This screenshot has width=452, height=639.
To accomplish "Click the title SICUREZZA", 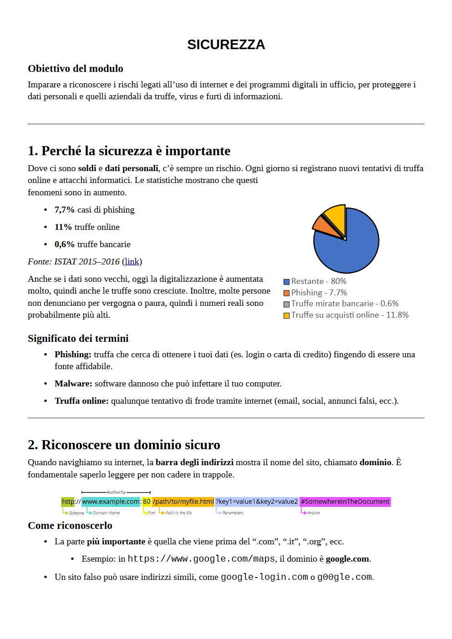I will [x=226, y=45].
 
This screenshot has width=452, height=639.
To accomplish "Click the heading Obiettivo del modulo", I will [x=76, y=69].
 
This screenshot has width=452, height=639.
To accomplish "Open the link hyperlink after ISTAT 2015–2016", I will [x=132, y=262].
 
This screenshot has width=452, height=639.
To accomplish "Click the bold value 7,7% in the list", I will [x=64, y=210].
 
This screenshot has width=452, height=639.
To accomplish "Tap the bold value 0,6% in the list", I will [x=64, y=244].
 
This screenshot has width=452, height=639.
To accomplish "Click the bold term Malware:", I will [x=73, y=384].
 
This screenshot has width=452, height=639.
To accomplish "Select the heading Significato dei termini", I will [x=78, y=339].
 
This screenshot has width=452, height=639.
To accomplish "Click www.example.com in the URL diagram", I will [x=111, y=502].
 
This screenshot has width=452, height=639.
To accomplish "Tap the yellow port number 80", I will [x=147, y=502].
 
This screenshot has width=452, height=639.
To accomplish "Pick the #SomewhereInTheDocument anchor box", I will [x=345, y=502].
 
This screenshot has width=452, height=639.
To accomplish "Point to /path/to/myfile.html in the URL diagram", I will [x=183, y=502].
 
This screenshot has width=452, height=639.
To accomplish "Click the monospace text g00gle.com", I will [x=345, y=577].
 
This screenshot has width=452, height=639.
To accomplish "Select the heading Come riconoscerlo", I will [x=70, y=526].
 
